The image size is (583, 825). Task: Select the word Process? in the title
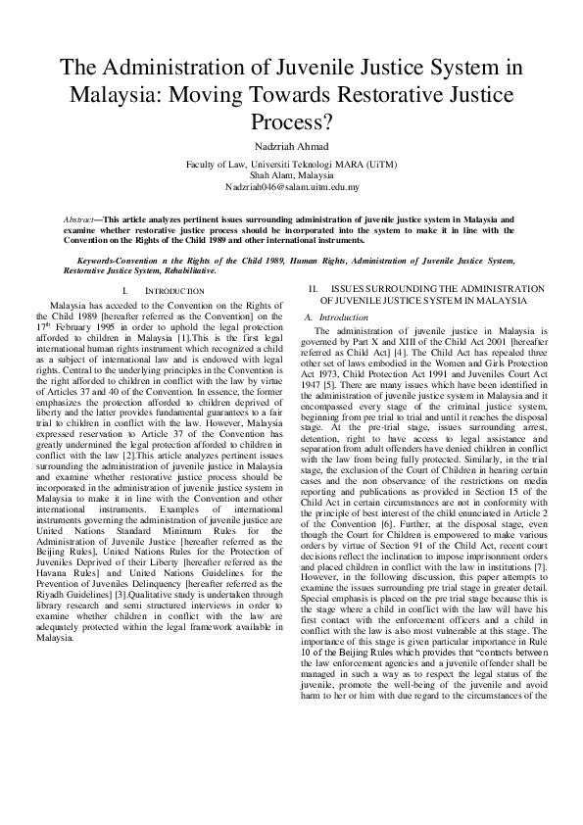point(291,121)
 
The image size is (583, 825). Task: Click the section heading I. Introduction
point(164,291)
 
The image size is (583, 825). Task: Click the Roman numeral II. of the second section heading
point(314,288)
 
